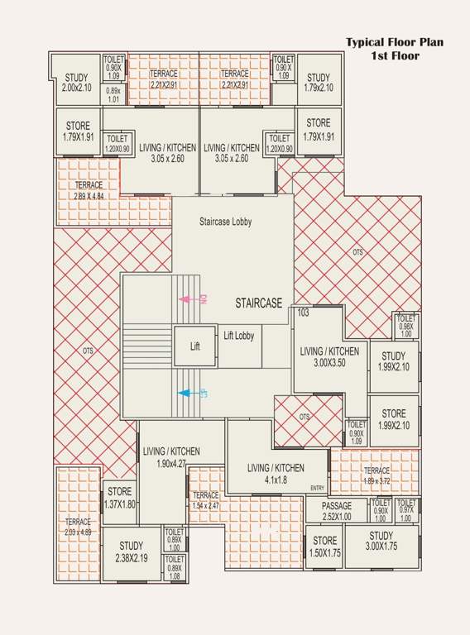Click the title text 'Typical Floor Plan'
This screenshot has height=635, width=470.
(x=394, y=42)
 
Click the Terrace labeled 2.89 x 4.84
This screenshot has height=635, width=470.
(x=88, y=191)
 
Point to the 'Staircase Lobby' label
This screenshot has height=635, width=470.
(x=225, y=222)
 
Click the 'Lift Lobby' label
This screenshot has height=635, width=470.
(x=239, y=336)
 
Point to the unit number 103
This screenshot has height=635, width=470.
(x=303, y=313)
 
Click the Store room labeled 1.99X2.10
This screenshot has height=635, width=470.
(x=394, y=419)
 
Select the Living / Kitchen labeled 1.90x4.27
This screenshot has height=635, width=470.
(x=171, y=457)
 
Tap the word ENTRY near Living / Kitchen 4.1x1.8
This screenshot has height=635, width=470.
(x=318, y=488)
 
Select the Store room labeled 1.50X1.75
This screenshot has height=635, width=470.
(x=324, y=547)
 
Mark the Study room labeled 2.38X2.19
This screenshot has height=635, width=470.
(x=131, y=551)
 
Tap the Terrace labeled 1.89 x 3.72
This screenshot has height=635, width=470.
(x=376, y=475)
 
